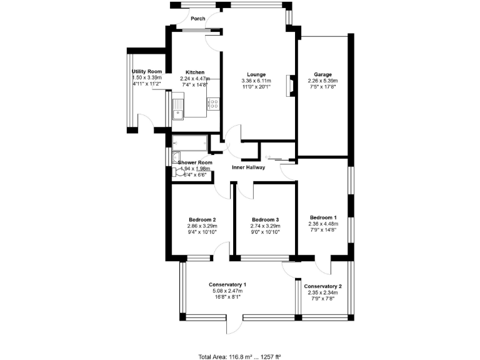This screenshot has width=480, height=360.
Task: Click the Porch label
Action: (x=198, y=19)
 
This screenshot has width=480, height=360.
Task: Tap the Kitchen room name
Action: (x=195, y=72)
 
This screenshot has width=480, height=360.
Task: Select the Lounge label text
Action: (x=256, y=74)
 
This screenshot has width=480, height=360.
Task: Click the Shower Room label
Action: (x=195, y=162)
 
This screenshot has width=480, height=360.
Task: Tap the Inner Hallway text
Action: (x=249, y=167)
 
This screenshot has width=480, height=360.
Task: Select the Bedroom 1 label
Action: (x=324, y=217)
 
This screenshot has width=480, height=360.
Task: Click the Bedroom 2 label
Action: (x=202, y=219)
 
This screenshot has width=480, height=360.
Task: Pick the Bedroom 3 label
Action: (x=265, y=219)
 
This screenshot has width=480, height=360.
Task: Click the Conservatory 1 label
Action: (x=227, y=285)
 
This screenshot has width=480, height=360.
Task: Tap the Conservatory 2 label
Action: (x=323, y=287)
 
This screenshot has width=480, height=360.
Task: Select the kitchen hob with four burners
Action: (x=213, y=105)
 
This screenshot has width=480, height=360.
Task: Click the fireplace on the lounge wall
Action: (x=289, y=86)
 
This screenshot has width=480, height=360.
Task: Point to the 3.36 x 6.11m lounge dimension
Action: (x=256, y=81)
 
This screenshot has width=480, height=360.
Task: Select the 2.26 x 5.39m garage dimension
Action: (x=322, y=81)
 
